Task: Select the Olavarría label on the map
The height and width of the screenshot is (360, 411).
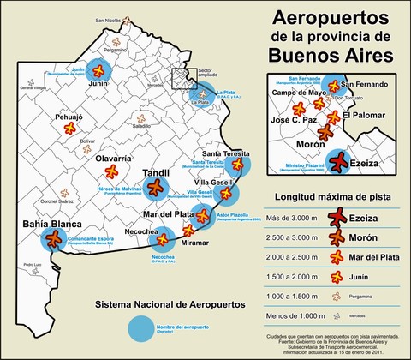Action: (x=113, y=159)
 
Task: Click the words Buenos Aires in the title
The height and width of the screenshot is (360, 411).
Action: (x=331, y=55)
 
